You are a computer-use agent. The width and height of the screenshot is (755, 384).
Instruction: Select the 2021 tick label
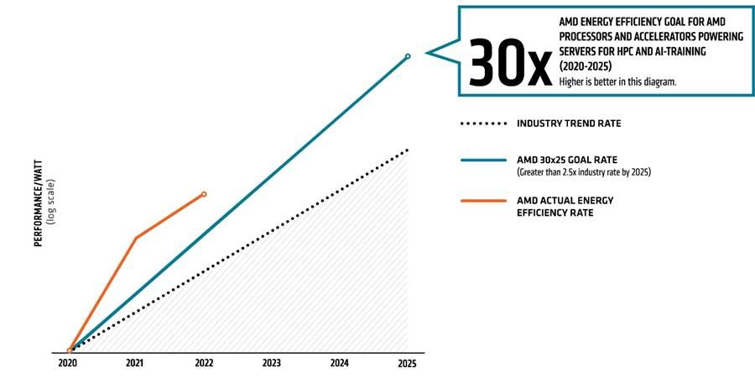tap(134, 364)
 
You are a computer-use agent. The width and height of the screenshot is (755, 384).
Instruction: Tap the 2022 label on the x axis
tap(203, 364)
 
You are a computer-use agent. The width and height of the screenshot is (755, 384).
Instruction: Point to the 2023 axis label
tap(271, 364)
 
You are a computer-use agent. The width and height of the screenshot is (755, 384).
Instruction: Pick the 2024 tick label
tap(339, 364)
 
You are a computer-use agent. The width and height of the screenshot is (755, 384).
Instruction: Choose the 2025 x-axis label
tap(407, 364)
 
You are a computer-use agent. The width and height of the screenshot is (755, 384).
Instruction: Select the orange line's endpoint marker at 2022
tap(204, 194)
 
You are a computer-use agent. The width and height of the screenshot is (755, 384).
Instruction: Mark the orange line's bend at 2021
tap(136, 238)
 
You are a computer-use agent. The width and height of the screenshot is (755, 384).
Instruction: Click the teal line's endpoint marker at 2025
tap(408, 56)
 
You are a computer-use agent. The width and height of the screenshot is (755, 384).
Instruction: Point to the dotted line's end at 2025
tap(407, 150)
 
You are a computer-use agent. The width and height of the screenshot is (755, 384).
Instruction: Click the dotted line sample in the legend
tap(483, 124)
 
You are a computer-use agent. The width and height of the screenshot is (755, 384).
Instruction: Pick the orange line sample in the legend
tap(483, 202)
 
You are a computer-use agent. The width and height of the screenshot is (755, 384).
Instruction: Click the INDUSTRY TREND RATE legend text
tap(569, 124)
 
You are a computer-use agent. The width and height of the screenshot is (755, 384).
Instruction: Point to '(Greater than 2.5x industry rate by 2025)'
tap(583, 172)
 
